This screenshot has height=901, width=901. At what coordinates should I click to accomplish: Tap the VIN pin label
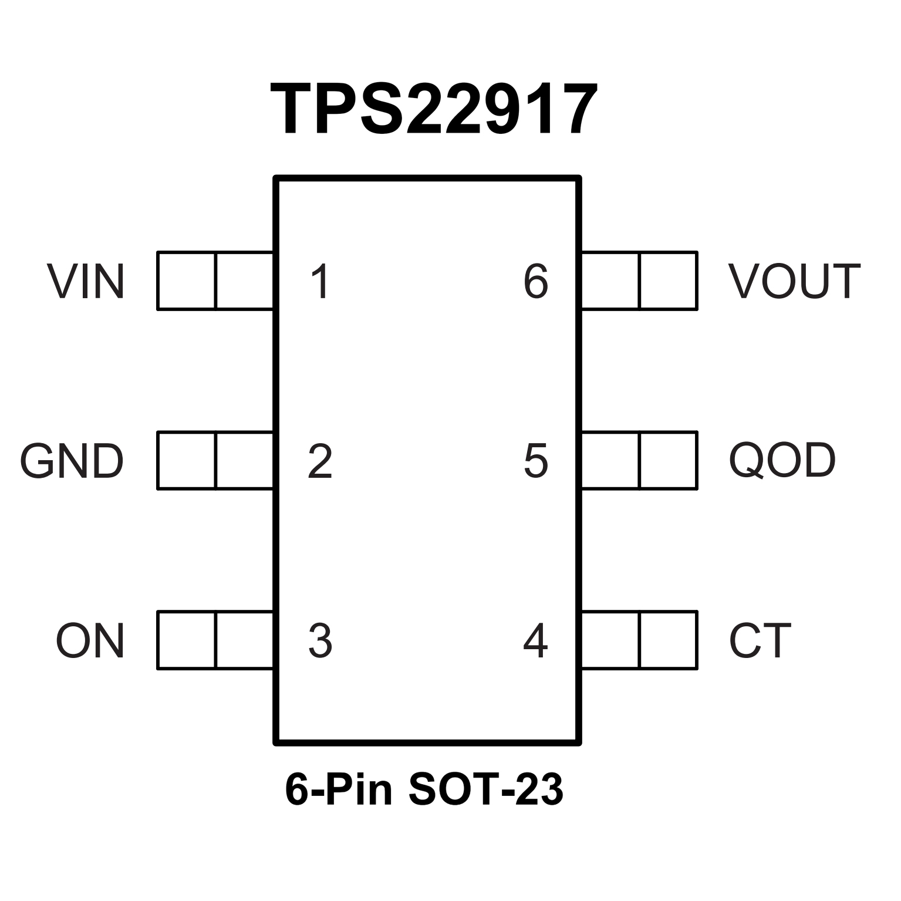tap(86, 282)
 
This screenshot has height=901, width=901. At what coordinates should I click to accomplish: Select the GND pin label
tap(72, 461)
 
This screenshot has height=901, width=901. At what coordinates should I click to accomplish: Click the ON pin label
tap(90, 641)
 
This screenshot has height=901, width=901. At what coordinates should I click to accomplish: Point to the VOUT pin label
tap(794, 282)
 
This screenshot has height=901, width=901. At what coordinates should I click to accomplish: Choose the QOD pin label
tap(782, 461)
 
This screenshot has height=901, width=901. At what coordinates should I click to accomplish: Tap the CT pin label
tap(760, 641)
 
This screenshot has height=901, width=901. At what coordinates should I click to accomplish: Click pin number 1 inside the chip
tap(320, 282)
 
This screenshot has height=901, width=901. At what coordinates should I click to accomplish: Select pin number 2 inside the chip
tap(320, 462)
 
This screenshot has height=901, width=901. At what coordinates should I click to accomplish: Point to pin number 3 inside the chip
tap(320, 641)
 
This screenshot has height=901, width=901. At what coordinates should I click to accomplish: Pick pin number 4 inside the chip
tap(535, 641)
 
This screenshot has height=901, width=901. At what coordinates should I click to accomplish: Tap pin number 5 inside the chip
tap(535, 462)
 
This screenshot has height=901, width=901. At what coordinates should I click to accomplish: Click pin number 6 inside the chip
tap(535, 282)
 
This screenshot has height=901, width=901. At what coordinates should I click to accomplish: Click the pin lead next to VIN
tap(215, 281)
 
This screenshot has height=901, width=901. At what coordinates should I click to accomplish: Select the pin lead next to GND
tap(215, 460)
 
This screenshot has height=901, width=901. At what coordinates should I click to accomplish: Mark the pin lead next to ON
tap(215, 640)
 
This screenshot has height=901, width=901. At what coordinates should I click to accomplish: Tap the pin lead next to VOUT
tap(639, 281)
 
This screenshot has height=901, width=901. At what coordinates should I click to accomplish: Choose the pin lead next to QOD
tap(639, 460)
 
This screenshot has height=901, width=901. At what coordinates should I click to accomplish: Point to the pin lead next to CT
tap(639, 640)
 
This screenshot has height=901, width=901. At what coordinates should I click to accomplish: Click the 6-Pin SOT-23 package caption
tap(424, 790)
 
